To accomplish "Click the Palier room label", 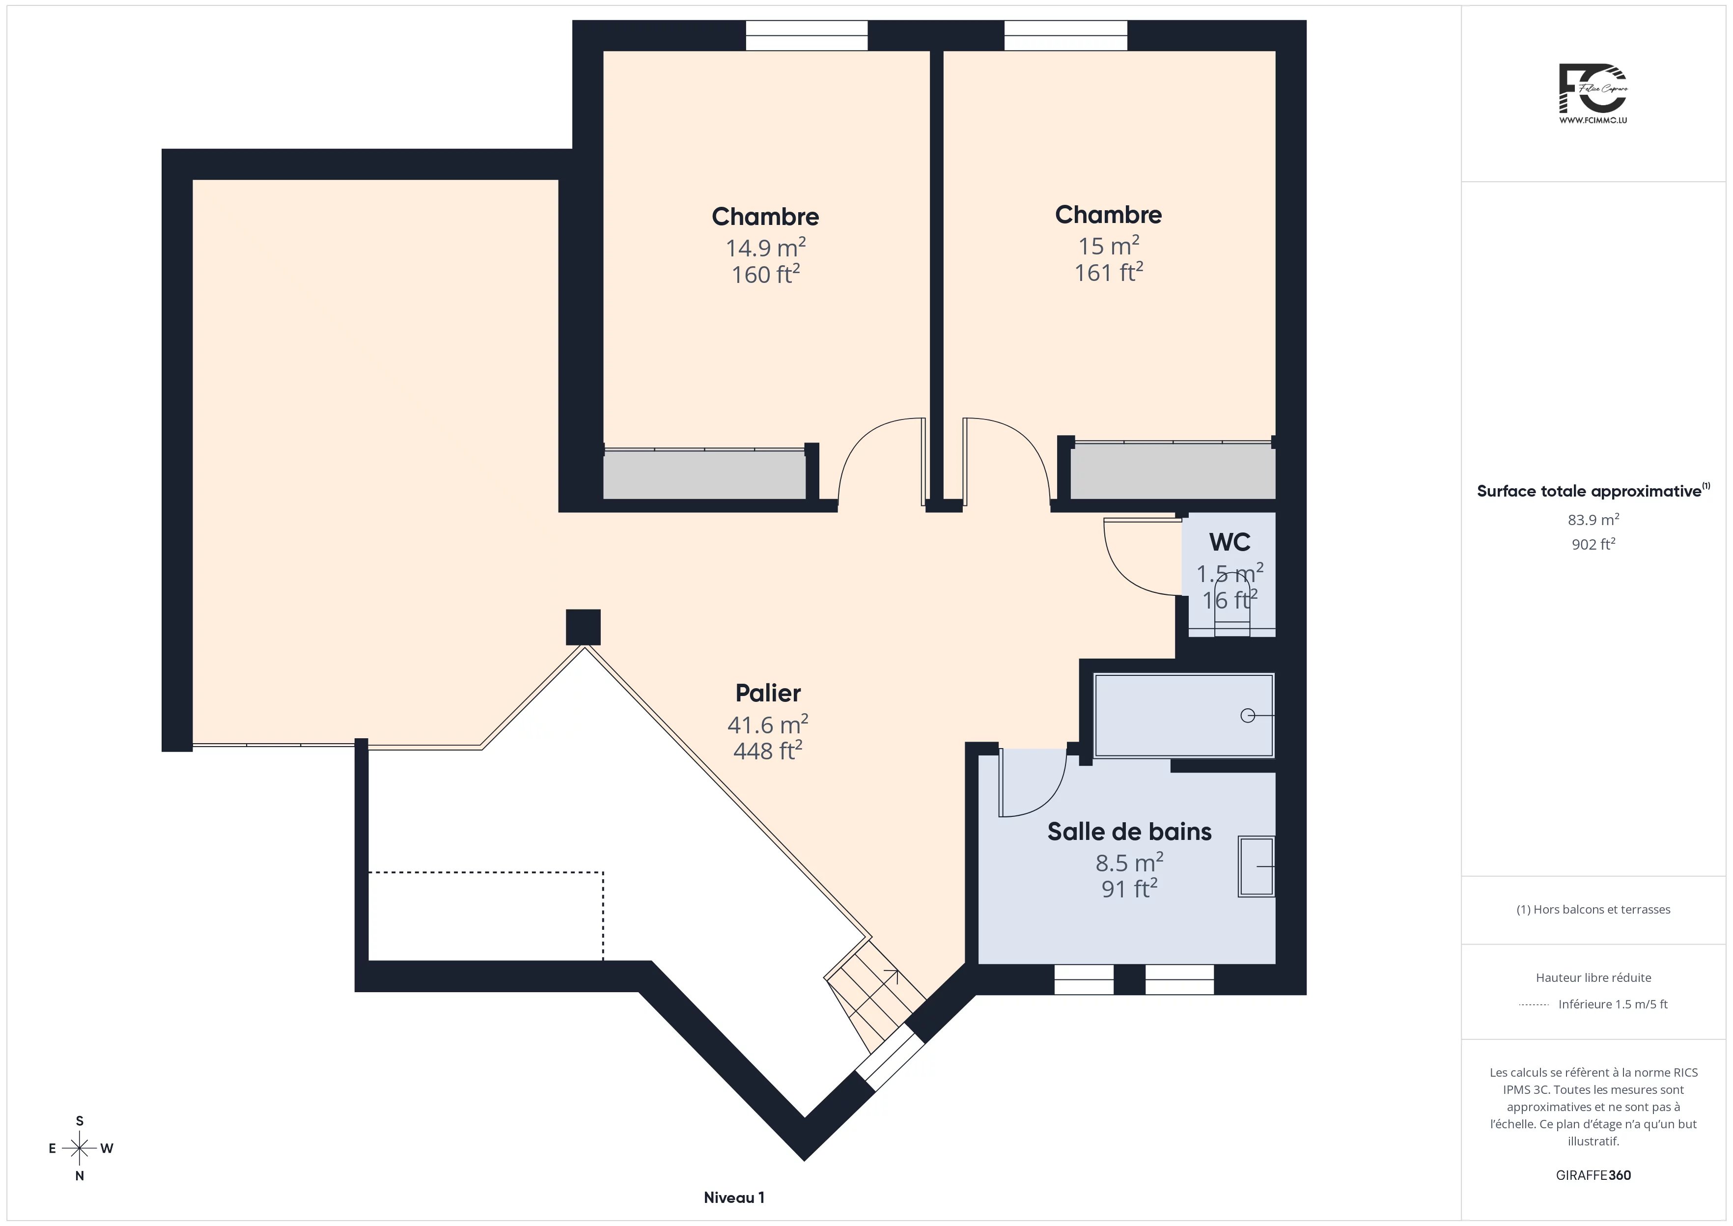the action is coord(768,693).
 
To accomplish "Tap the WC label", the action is coord(1230,542).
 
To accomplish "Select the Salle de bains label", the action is coord(1129,831).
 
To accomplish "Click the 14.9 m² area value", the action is coord(765,248).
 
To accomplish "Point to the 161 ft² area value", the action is coord(1108,272).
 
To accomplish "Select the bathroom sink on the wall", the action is coord(1256,866).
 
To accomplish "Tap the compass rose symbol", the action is coord(79,1148).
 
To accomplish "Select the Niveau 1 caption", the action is coord(734,1198).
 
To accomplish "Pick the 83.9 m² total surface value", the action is coord(1593,519).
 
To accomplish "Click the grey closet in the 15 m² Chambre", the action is coord(1173,471).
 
